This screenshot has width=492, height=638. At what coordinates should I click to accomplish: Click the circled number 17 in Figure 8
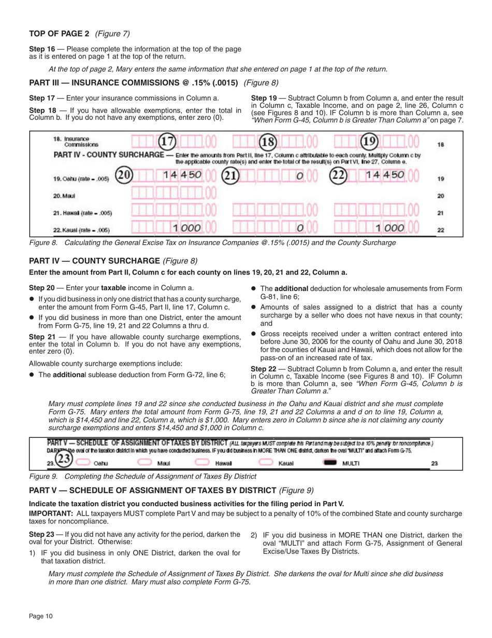(x=167, y=142)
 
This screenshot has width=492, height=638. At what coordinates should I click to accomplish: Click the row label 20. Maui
(x=62, y=196)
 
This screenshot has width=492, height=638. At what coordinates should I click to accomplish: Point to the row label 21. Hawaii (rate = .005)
(x=83, y=213)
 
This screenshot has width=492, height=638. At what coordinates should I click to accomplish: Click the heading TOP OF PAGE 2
(x=59, y=34)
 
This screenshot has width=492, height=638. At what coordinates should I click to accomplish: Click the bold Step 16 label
(x=41, y=49)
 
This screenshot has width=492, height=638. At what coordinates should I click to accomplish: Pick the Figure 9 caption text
(x=143, y=476)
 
